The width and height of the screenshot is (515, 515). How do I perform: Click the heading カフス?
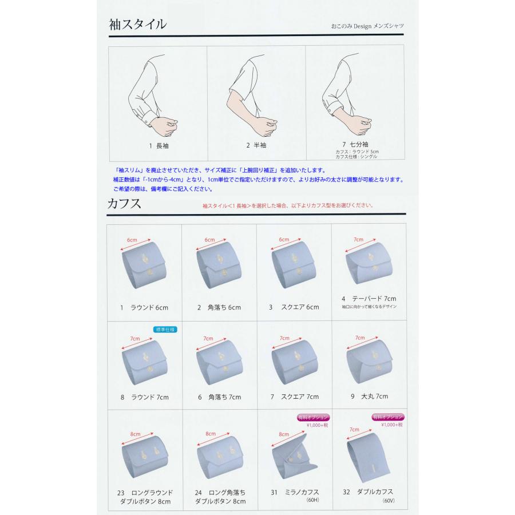pos(125,204)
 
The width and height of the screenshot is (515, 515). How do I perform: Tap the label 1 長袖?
pos(158,145)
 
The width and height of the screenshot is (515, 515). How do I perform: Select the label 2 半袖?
pos(256,145)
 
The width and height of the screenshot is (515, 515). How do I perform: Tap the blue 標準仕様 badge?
pos(165,330)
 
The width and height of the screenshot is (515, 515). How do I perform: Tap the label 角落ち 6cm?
pos(219,307)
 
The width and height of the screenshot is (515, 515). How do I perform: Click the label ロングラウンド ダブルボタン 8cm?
pos(144,497)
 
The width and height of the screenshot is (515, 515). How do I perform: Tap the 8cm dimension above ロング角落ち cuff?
pos(211,434)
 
